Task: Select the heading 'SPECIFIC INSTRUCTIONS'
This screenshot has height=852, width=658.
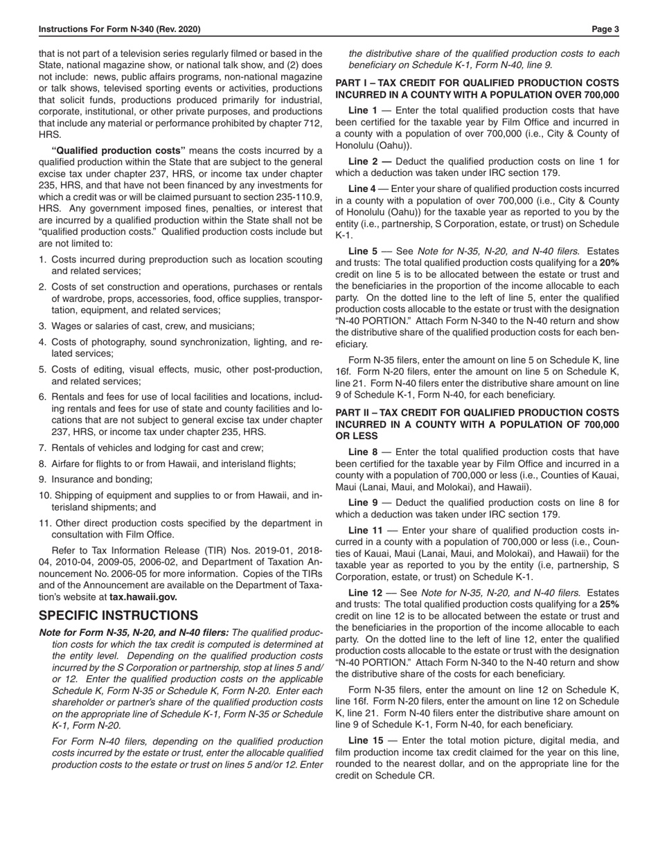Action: click(x=118, y=615)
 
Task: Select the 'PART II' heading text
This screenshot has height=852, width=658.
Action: click(x=477, y=424)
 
